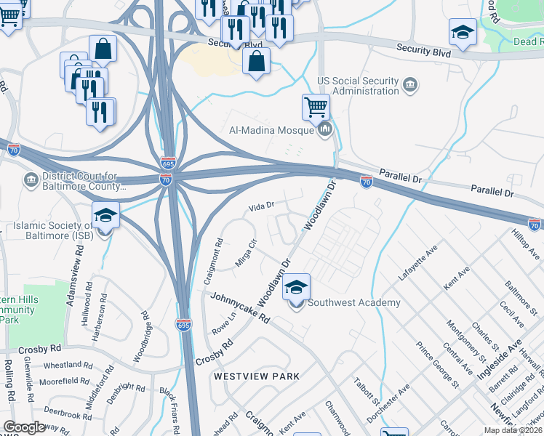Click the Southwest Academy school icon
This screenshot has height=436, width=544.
click(296, 288)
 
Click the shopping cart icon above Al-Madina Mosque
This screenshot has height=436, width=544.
click(316, 108)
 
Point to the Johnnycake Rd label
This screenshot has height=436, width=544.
click(240, 308)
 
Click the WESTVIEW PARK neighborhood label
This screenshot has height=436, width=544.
click(256, 376)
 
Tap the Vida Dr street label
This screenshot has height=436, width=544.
click(260, 206)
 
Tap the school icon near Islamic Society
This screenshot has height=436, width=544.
click(105, 217)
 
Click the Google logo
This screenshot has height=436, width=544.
click(24, 427)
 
